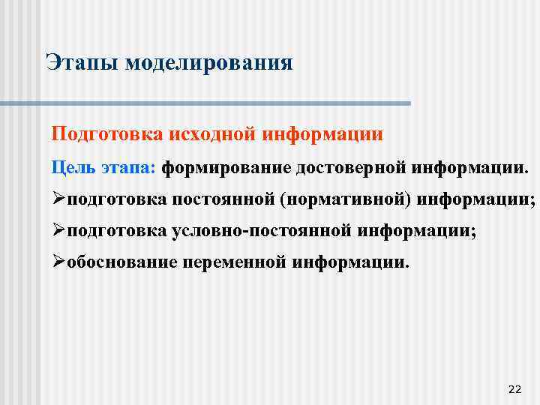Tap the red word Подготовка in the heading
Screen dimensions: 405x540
click(97, 134)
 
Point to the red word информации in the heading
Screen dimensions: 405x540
click(324, 134)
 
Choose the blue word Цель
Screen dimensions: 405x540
click(73, 167)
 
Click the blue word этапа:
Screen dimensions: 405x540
click(127, 167)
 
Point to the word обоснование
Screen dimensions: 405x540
click(122, 263)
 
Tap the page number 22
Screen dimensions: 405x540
click(514, 388)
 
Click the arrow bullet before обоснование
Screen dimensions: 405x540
click(58, 263)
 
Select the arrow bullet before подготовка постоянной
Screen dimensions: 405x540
click(58, 200)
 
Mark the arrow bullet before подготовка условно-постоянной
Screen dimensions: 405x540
click(58, 232)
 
